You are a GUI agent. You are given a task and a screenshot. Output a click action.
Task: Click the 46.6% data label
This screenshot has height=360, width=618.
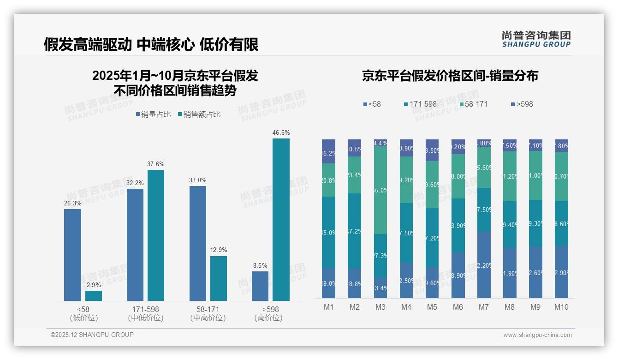pyautogui.click(x=281, y=133)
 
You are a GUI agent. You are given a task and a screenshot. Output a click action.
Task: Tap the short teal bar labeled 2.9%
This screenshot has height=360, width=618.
pyautogui.click(x=94, y=295)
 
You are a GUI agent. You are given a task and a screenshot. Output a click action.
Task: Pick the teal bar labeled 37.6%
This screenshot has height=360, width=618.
pyautogui.click(x=156, y=235)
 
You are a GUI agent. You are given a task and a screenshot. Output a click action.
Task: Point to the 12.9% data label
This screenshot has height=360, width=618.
pyautogui.click(x=219, y=250)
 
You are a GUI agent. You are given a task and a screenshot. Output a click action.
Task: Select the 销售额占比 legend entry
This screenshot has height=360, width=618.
pyautogui.click(x=199, y=114)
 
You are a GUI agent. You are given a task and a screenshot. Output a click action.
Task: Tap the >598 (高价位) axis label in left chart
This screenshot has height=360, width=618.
pyautogui.click(x=268, y=313)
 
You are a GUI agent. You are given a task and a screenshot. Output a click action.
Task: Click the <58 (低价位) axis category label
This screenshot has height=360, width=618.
pyautogui.click(x=83, y=313)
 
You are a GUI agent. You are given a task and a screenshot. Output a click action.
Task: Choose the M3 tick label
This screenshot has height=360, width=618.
pyautogui.click(x=380, y=307)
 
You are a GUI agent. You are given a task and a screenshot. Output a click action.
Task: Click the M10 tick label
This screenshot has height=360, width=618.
pyautogui.click(x=561, y=307)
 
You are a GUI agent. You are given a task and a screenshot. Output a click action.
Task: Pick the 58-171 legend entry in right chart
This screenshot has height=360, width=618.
pyautogui.click(x=473, y=104)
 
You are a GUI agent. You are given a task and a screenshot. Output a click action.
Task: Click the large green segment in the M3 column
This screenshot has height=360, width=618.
pyautogui.click(x=380, y=190)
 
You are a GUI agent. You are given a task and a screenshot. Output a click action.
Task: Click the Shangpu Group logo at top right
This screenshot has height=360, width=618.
pyautogui.click(x=536, y=39)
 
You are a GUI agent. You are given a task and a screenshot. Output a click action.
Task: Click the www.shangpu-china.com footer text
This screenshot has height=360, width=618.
pyautogui.click(x=537, y=335)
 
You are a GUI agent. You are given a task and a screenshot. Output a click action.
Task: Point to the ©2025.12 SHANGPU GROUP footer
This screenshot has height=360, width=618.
pyautogui.click(x=92, y=335)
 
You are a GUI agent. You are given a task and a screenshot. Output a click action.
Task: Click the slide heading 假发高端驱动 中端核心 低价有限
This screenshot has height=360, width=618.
pyautogui.click(x=151, y=44)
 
